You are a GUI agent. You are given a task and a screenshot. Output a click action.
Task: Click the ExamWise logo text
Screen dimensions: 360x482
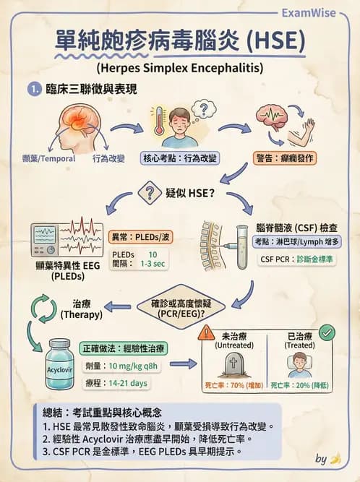click(309, 13)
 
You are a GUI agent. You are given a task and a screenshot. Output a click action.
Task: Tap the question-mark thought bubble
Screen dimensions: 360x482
click(204, 109)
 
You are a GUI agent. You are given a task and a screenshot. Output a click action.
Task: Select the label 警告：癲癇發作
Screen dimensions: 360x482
click(285, 158)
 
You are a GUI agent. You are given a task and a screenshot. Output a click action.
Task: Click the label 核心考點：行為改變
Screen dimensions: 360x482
click(180, 158)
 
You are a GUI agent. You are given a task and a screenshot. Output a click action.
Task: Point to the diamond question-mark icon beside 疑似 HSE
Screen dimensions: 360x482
click(150, 193)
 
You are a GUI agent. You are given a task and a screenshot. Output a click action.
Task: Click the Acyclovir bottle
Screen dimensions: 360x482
click(60, 364)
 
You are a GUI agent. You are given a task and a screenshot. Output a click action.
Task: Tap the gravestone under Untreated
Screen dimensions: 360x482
click(233, 365)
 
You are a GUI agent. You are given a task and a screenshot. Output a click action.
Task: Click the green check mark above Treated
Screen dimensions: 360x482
click(327, 332)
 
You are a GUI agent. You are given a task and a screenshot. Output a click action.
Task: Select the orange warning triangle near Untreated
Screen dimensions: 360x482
click(207, 332)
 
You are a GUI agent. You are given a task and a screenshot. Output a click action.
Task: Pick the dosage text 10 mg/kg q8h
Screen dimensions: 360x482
click(133, 366)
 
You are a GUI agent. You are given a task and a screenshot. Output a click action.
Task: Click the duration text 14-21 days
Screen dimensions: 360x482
click(128, 383)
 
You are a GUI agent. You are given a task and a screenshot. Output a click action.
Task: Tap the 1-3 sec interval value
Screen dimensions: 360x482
click(153, 264)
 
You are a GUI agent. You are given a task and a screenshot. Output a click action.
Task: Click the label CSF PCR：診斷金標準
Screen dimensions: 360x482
click(296, 259)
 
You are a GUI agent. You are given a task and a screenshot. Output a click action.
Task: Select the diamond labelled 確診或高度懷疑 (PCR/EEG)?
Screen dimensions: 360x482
click(181, 307)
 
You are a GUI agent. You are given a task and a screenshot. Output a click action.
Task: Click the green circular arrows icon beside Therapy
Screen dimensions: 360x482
click(44, 309)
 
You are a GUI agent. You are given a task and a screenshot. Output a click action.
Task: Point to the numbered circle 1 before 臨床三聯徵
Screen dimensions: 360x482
click(35, 90)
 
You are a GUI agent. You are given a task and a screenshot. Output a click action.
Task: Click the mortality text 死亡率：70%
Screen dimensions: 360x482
click(224, 385)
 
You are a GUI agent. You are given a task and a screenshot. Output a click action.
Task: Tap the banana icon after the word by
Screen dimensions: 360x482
click(335, 459)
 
